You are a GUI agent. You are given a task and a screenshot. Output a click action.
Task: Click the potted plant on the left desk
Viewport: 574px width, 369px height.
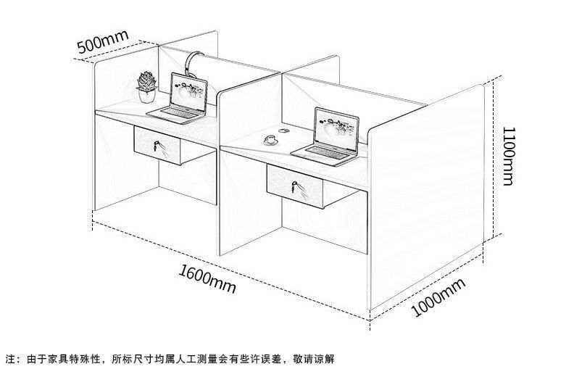[147, 86]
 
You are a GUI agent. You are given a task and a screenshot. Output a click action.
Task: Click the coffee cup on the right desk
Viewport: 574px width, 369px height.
[270, 139]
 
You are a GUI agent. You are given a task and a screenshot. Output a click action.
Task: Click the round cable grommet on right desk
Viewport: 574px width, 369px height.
[283, 132]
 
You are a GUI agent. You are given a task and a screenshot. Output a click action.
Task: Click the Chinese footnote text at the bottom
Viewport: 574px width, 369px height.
[171, 358]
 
